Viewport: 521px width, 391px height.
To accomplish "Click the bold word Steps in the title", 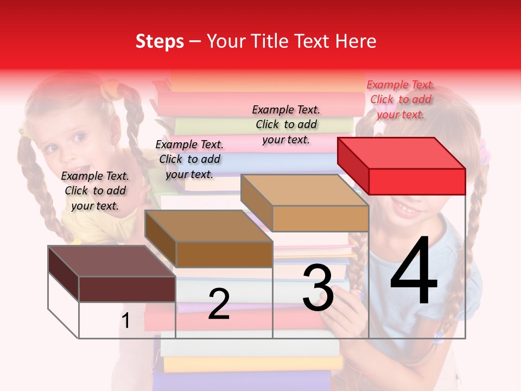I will click(x=160, y=41).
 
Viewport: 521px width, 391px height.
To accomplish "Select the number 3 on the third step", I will click(x=318, y=287).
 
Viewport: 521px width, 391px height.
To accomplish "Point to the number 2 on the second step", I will click(x=219, y=304).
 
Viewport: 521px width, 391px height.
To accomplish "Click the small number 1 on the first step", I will click(x=126, y=321).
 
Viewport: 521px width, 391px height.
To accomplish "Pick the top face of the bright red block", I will click(x=402, y=153).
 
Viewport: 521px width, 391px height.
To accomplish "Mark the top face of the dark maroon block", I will click(x=111, y=261).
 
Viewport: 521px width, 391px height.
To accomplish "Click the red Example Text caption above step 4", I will click(x=401, y=99).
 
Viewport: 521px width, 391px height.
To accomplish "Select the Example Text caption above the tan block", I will click(x=286, y=124).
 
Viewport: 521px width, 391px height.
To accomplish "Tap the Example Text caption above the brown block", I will click(x=189, y=159).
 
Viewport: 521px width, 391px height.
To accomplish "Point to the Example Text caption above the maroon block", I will click(x=95, y=191).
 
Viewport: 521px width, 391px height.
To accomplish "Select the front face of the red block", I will click(x=417, y=181).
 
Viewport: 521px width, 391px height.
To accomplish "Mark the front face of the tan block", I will click(x=320, y=218).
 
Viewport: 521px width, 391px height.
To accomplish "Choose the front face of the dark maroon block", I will click(x=127, y=289).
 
